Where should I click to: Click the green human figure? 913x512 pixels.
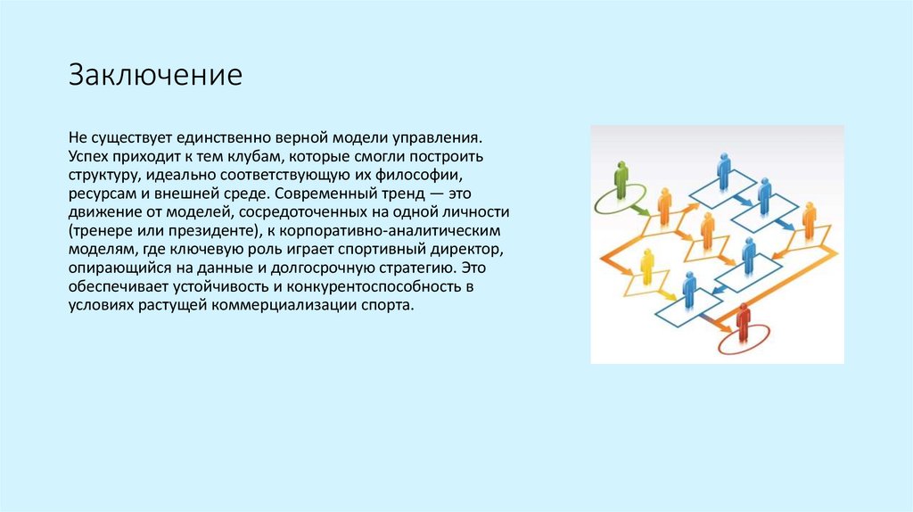pos(621,180)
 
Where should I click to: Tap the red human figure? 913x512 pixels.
pos(743,322)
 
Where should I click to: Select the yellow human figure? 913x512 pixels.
pos(647,267)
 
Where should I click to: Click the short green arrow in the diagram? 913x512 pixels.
pos(638,210)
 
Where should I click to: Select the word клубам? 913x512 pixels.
pos(246,155)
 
